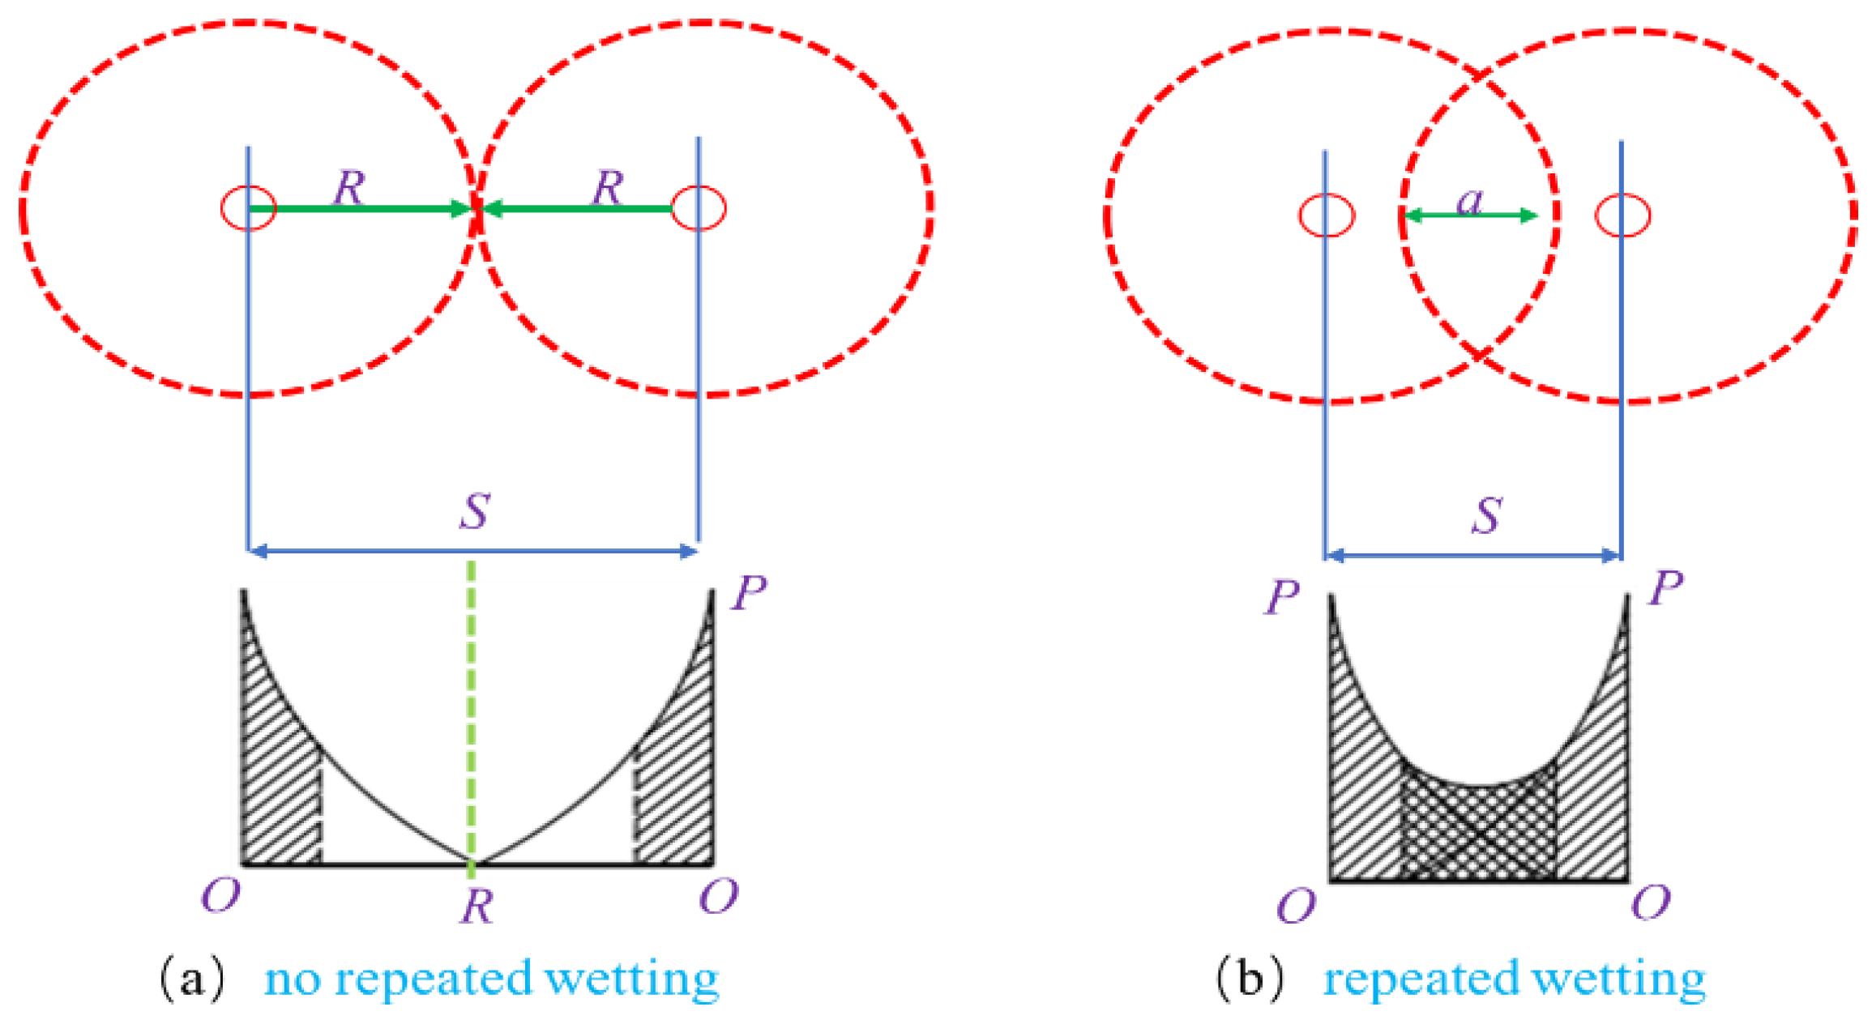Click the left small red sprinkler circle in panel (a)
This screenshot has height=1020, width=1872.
[249, 208]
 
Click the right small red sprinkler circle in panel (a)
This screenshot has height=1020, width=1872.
[699, 208]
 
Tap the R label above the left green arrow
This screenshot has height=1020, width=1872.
[349, 187]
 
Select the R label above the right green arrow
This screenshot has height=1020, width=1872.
[608, 187]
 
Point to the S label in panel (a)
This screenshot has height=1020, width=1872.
[475, 510]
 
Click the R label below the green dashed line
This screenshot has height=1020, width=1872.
[477, 906]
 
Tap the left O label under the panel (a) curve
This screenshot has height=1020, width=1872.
[220, 896]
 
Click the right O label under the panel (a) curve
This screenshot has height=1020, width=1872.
[718, 896]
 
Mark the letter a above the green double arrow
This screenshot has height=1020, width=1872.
[1470, 200]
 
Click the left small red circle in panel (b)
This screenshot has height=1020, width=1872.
[1326, 216]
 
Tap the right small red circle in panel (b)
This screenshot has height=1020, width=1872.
[1622, 216]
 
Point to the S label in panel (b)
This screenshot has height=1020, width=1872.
[1487, 515]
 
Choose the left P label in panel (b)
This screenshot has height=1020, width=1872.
[1282, 598]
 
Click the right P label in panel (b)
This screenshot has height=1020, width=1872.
[1666, 587]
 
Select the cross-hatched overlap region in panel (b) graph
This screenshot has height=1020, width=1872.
[1478, 834]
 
